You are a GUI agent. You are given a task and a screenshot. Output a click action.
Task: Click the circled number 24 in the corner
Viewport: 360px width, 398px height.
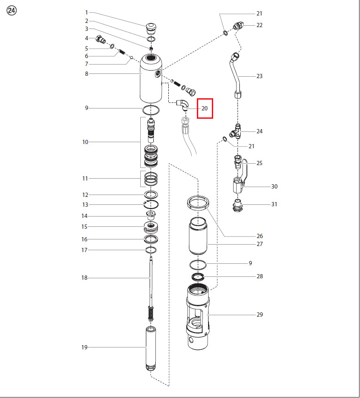[x=11, y=11]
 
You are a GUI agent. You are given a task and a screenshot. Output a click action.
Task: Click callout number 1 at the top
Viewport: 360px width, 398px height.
[x=86, y=13]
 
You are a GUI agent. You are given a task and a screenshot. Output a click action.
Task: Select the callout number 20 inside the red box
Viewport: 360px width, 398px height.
[x=204, y=109]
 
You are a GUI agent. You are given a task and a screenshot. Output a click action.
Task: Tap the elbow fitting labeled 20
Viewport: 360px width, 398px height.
[x=183, y=104]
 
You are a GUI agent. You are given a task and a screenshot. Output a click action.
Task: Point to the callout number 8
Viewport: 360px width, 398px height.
[x=86, y=73]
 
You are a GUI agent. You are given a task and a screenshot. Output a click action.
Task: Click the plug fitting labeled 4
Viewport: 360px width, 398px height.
[x=101, y=40]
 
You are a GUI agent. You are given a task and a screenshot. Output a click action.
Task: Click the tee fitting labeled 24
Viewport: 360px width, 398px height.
[x=236, y=131]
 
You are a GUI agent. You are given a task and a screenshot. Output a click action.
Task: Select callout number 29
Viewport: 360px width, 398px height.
[x=259, y=314]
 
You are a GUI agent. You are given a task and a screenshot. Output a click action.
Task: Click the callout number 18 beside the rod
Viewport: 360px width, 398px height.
[x=84, y=278]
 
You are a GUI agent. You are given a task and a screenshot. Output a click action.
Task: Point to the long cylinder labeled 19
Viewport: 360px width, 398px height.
[x=151, y=348]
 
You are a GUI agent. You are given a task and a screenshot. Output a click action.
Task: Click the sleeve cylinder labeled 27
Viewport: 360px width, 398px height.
[x=198, y=237]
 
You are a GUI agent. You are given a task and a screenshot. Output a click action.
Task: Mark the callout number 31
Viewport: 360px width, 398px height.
[x=274, y=204]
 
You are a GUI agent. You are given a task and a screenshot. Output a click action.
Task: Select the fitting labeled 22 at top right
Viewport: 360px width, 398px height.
[x=238, y=26]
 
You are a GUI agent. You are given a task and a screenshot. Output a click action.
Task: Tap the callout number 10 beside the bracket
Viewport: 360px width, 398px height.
[x=85, y=142]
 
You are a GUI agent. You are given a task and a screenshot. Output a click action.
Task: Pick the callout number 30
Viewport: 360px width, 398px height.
[x=274, y=186]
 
